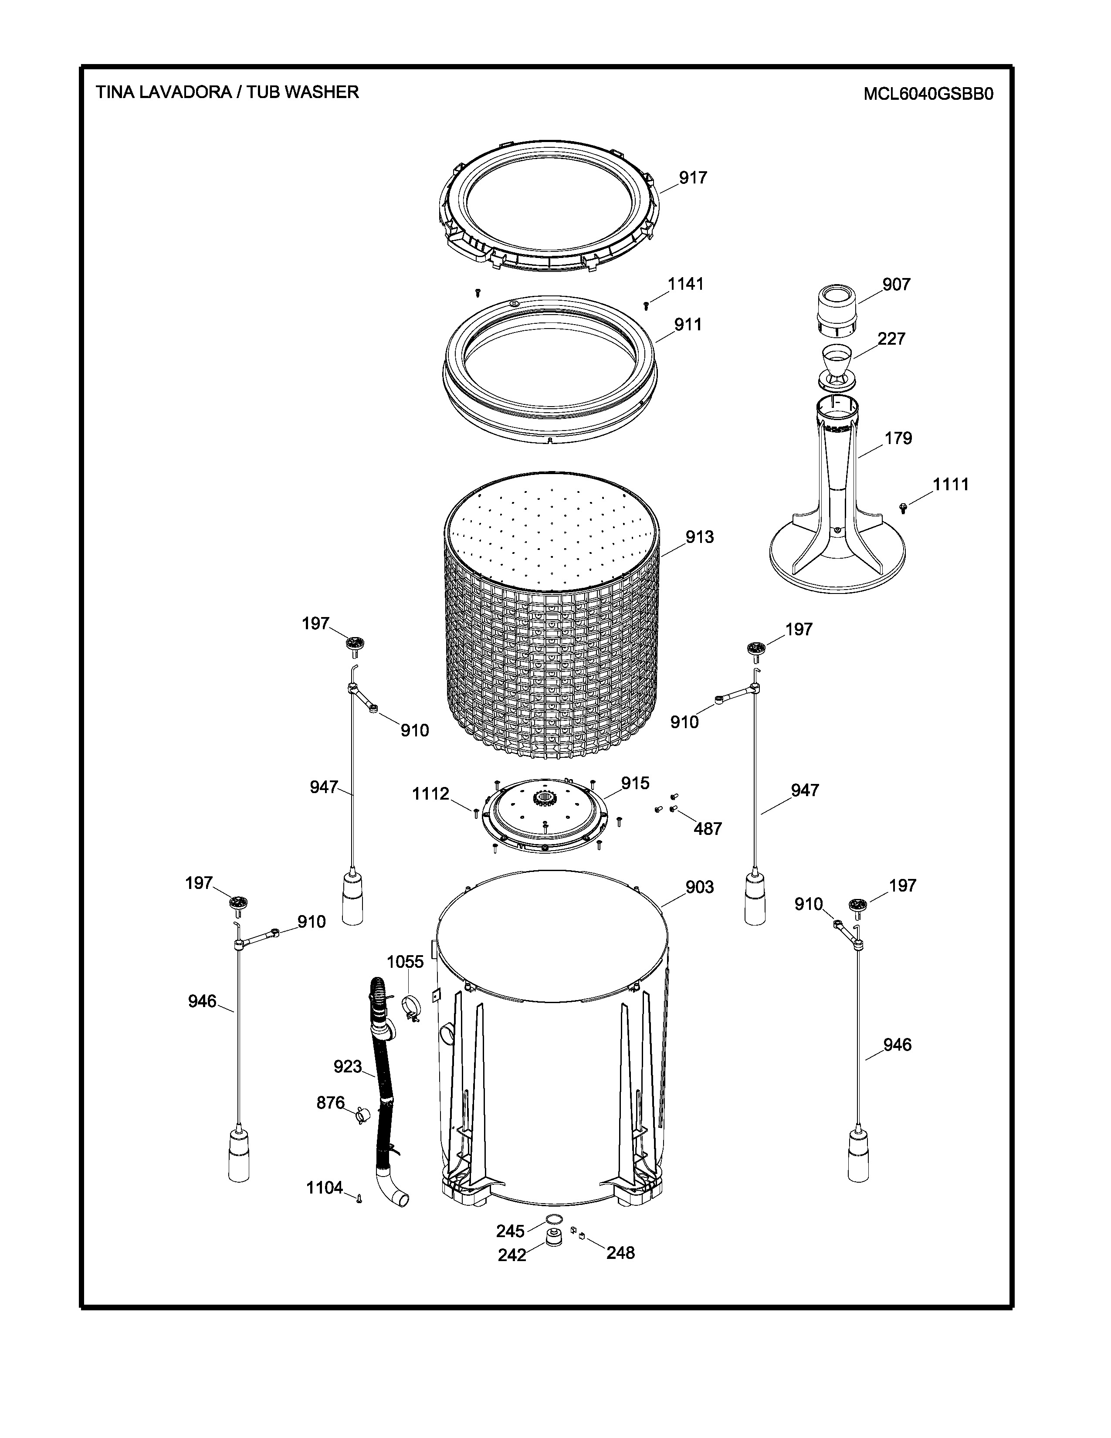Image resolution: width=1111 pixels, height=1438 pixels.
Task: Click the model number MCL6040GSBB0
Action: click(928, 94)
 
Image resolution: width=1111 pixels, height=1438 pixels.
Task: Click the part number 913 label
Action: click(700, 537)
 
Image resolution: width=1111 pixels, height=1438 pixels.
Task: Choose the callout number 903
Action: click(700, 888)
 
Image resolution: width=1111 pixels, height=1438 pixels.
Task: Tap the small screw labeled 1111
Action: click(903, 507)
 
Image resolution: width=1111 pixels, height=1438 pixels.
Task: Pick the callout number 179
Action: click(898, 438)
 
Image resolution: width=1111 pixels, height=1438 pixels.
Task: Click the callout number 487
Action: click(708, 829)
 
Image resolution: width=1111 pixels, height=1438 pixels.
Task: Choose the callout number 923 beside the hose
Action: click(348, 1067)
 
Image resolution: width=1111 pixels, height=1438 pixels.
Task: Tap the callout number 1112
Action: click(430, 794)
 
